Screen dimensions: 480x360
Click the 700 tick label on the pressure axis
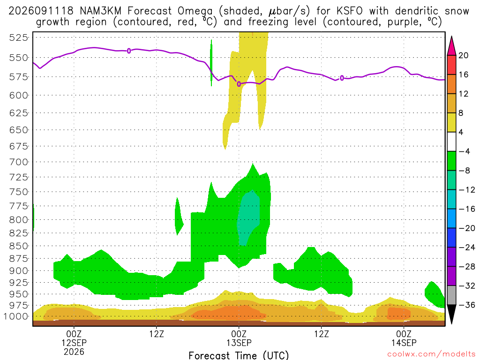[x=18, y=162]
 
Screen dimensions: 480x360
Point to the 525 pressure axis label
[x=18, y=37]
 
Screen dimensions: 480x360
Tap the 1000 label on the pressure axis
[x=16, y=316]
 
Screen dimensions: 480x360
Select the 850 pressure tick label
[x=18, y=246]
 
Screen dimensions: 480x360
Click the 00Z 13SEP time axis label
[x=239, y=338]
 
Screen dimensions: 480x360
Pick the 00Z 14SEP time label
[x=404, y=338]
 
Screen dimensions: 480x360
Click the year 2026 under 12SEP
[x=74, y=352]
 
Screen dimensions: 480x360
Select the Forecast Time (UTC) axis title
[x=239, y=355]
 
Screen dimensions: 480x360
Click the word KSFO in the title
[x=349, y=11]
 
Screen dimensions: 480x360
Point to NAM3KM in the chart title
[x=100, y=11]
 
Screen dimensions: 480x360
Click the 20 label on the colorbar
[x=464, y=55]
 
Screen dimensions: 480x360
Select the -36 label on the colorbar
[x=466, y=305]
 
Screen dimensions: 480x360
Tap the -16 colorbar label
[x=466, y=209]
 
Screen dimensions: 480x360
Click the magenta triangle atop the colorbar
[x=451, y=46]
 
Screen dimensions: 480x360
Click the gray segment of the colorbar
[x=451, y=295]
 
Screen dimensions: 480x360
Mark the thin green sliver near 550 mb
[x=211, y=63]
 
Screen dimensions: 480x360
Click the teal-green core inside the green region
[x=248, y=218]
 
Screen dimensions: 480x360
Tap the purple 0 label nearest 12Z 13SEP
[x=342, y=78]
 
